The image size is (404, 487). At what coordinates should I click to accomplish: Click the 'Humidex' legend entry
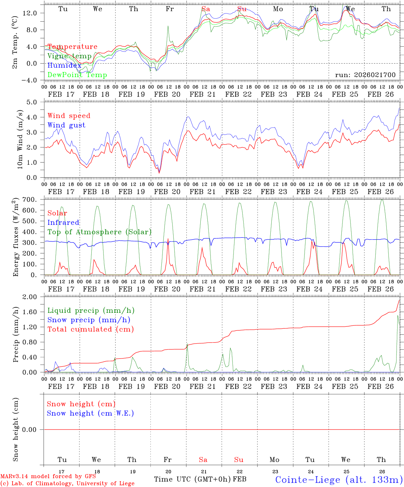pos(64,66)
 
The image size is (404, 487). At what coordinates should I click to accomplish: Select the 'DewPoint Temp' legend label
pos(77,75)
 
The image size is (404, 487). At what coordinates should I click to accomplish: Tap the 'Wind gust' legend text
pos(66,125)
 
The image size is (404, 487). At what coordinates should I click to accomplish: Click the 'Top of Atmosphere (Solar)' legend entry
pos(99,232)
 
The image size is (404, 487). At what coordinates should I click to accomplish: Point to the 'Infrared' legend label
pos(63,223)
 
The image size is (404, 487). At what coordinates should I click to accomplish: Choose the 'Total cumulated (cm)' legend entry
pos(90,329)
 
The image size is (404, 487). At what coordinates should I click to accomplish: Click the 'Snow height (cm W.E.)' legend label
pos(90,413)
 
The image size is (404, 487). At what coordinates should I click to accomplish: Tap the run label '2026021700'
pos(365,75)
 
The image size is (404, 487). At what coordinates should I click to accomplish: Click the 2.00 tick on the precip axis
pos(34,297)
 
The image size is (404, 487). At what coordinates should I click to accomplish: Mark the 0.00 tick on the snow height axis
pos(34,430)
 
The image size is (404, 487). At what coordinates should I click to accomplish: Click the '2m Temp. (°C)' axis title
pos(15,42)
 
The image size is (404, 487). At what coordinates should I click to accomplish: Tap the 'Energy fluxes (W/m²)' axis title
pos(16,237)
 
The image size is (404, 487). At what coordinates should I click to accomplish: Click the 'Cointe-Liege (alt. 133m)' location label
pos(339,480)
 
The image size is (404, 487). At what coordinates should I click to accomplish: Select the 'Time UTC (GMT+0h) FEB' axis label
pos(200,479)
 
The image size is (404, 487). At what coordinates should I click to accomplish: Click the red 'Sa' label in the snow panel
pos(203,460)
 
